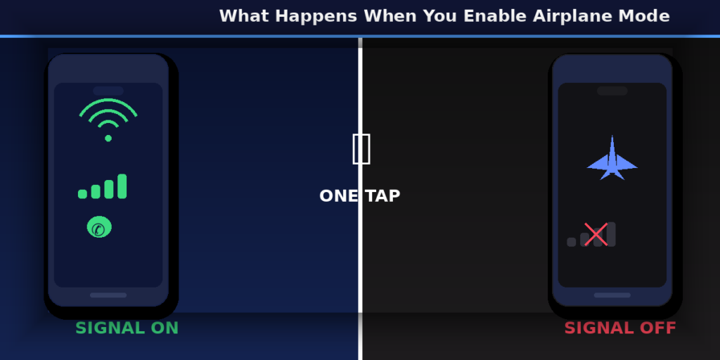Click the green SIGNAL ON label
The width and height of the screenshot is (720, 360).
pyautogui.click(x=127, y=328)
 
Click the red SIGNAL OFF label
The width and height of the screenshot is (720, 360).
pyautogui.click(x=619, y=328)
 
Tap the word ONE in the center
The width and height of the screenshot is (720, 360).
pyautogui.click(x=338, y=196)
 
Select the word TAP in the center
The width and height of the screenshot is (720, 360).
pyautogui.click(x=383, y=196)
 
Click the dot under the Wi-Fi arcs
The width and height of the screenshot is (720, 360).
pyautogui.click(x=108, y=138)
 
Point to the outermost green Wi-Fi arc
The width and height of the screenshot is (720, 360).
pyautogui.click(x=108, y=102)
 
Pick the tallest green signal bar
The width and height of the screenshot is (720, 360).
pyautogui.click(x=122, y=186)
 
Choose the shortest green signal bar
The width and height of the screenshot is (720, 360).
pyautogui.click(x=83, y=194)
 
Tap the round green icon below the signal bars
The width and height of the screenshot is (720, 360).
pyautogui.click(x=99, y=227)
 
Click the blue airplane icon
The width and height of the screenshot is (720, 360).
pyautogui.click(x=612, y=160)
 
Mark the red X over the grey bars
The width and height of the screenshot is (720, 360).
pyautogui.click(x=596, y=234)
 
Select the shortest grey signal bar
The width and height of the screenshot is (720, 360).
pyautogui.click(x=572, y=242)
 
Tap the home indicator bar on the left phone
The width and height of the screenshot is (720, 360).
pyautogui.click(x=108, y=295)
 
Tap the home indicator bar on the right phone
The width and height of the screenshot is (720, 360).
pyautogui.click(x=612, y=295)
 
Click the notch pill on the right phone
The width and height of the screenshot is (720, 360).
pyautogui.click(x=612, y=91)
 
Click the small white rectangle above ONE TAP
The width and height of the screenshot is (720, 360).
pyautogui.click(x=361, y=149)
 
